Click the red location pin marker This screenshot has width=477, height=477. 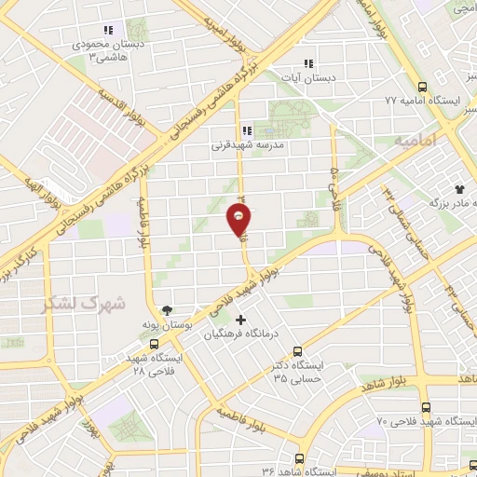pyautogui.click(x=239, y=220)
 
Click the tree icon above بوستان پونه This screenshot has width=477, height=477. pyautogui.click(x=167, y=310)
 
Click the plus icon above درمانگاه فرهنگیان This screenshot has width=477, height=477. pyautogui.click(x=241, y=320)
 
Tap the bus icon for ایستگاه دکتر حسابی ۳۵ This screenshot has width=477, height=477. pyautogui.click(x=297, y=352)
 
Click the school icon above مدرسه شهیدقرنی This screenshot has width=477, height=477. pyautogui.click(x=247, y=131)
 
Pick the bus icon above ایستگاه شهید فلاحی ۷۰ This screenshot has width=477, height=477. pyautogui.click(x=426, y=407)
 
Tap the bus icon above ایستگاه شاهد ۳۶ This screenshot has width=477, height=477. pyautogui.click(x=299, y=458)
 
